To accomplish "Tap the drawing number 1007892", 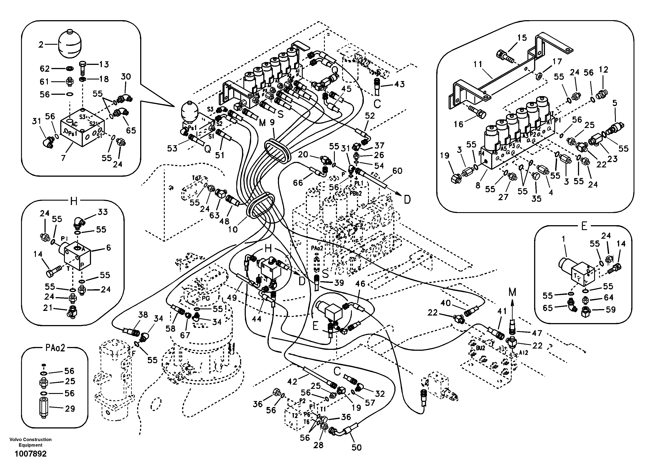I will (30, 454).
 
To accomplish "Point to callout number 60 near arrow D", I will (397, 171).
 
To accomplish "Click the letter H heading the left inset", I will (74, 201).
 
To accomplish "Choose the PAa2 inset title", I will (55, 348).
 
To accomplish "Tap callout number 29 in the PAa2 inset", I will (70, 409).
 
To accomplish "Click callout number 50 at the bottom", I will (356, 447).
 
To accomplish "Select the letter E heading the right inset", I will (584, 227).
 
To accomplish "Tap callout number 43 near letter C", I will (399, 84).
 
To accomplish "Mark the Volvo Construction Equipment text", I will (30, 442).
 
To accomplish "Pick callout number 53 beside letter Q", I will (172, 148).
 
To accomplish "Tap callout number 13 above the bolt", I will (104, 64).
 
